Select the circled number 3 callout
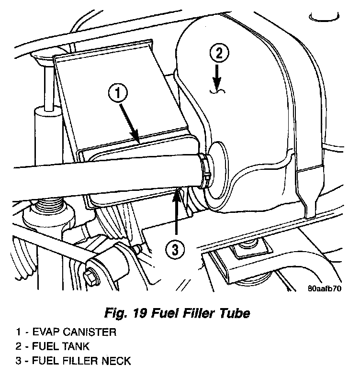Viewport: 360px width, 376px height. pos(176,249)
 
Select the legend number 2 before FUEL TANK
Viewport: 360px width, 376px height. pos(18,346)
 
